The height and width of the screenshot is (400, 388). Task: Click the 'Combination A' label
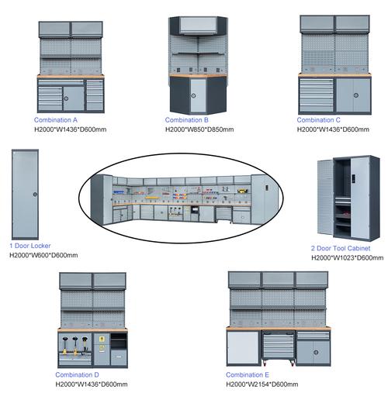56,120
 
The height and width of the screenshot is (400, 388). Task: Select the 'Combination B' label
186,120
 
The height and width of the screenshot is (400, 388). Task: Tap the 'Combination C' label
318,120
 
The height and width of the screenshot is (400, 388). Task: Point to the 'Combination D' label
77,374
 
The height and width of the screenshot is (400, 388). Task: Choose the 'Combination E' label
248,374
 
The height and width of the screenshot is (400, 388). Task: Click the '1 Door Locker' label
30,246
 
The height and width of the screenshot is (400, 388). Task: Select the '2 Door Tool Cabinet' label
341,248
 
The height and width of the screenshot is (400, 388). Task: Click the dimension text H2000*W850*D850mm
199,129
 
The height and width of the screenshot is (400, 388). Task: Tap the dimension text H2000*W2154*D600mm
262,384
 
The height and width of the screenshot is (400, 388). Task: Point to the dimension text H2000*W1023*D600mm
347,257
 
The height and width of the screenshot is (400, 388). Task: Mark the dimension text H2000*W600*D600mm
43,255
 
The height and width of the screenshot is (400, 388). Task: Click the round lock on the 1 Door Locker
35,195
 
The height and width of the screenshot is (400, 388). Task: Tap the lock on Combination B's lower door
193,95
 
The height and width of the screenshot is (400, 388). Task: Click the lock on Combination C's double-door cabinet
356,95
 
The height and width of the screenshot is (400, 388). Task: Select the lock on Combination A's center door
66,98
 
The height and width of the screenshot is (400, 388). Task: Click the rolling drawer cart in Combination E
279,348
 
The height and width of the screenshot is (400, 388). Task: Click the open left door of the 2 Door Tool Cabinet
325,197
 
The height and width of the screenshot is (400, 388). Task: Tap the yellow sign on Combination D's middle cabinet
102,339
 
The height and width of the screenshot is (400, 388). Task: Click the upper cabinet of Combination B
198,26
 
